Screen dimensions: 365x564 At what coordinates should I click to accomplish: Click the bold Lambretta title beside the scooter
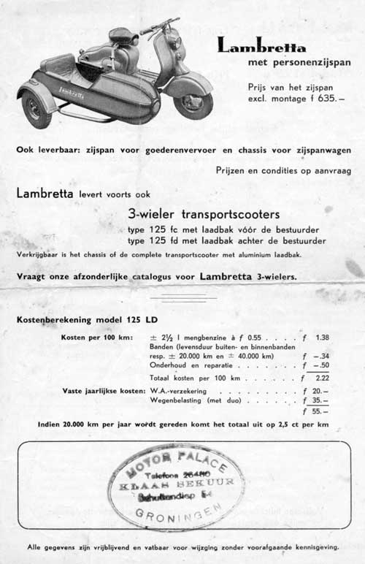tap(261, 47)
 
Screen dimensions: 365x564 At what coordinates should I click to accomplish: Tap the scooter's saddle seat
tap(123, 36)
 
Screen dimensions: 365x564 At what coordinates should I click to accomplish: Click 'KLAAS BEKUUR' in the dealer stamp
tap(178, 483)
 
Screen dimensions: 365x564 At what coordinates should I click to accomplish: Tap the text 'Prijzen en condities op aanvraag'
tap(272, 171)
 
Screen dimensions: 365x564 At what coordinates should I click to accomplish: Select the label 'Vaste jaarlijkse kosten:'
tap(103, 392)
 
